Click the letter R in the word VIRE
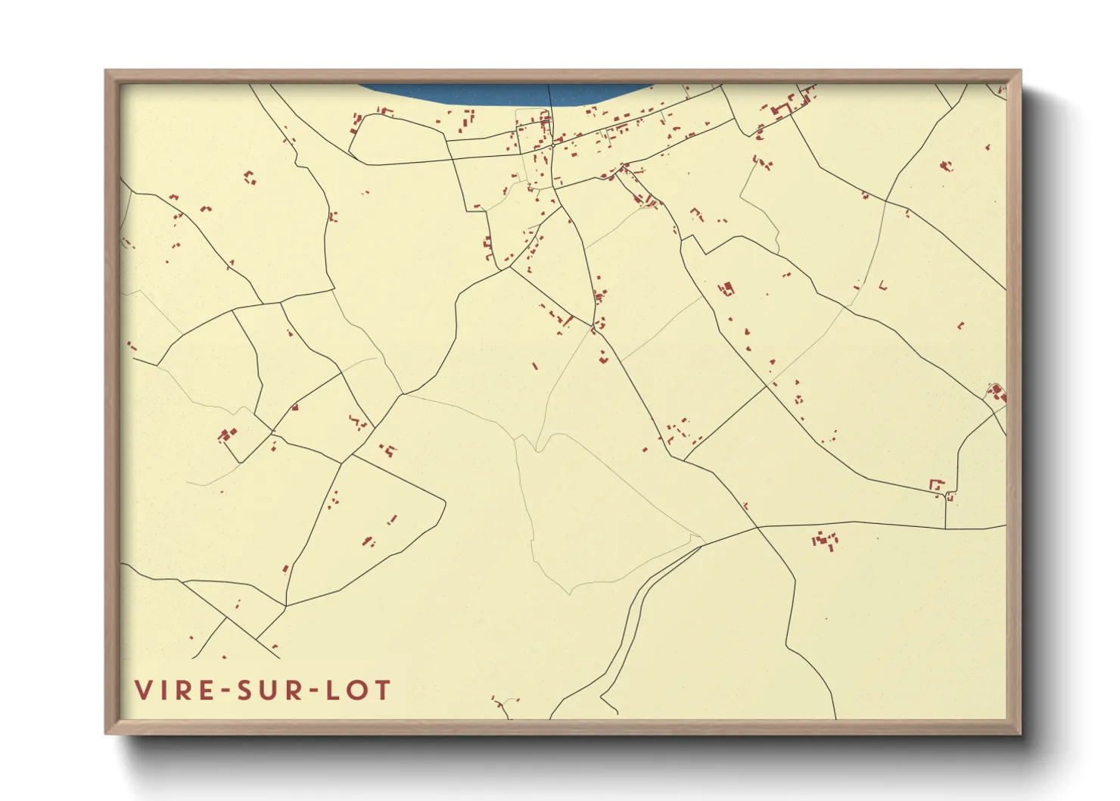pos(183,690)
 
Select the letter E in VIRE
pos(206,690)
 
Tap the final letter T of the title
pos(382,690)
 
